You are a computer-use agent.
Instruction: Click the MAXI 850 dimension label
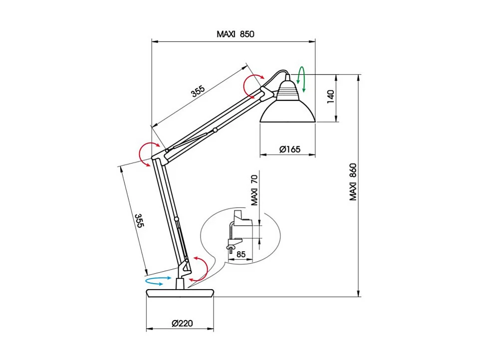[x=235, y=34]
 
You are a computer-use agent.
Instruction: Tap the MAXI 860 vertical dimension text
[x=353, y=182]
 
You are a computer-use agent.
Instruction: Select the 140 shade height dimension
[x=330, y=97]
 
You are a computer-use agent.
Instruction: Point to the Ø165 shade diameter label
[x=289, y=149]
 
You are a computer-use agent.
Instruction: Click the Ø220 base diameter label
[x=182, y=323]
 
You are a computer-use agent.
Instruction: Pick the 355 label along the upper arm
[x=198, y=92]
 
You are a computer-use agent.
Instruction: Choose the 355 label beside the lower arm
[x=139, y=221]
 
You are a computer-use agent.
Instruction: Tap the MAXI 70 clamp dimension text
[x=254, y=190]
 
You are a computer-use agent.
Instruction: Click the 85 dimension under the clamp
[x=241, y=255]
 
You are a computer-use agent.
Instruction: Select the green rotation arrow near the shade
[x=301, y=79]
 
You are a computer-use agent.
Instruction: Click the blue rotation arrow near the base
[x=161, y=281]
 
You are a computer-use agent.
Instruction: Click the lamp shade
[x=288, y=111]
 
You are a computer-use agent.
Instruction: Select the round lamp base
[x=180, y=293]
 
